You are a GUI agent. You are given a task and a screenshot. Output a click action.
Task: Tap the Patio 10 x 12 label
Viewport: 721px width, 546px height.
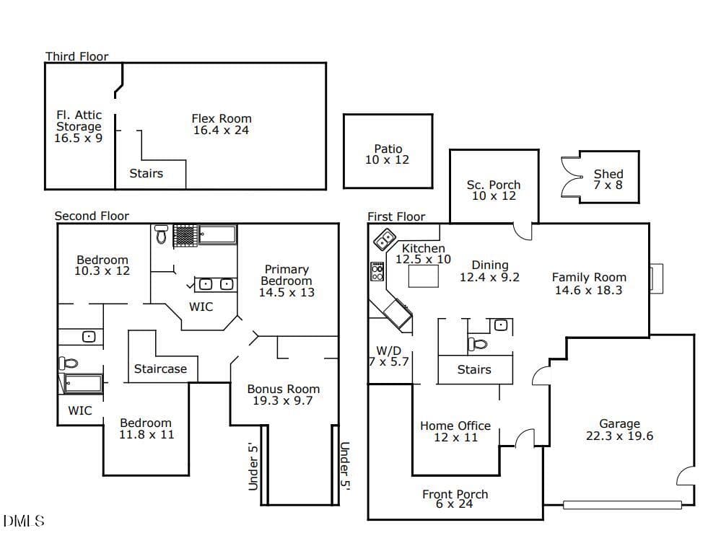[x=388, y=154]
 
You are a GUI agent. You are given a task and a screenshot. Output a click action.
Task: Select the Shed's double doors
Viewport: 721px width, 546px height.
[x=572, y=177]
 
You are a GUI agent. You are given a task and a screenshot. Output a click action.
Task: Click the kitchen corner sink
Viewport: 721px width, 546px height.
[x=385, y=239]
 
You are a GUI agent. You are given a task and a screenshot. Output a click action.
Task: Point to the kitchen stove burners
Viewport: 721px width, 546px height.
[x=377, y=271]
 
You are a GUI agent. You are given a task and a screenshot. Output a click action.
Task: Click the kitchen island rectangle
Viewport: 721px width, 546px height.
[x=423, y=276]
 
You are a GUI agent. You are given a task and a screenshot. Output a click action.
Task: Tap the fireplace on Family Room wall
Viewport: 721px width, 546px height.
[x=656, y=278]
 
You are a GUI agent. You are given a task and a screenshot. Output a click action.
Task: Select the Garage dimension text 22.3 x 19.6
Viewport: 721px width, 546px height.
[x=619, y=436]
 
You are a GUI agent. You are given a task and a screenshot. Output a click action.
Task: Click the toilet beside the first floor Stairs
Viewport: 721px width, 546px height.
[x=478, y=344]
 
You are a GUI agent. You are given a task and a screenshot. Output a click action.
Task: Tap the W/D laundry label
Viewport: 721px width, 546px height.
[x=389, y=356]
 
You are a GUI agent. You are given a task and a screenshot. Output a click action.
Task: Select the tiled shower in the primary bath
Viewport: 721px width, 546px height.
[x=185, y=235]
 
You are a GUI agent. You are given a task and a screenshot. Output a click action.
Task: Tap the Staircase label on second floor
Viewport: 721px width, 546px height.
[x=160, y=369]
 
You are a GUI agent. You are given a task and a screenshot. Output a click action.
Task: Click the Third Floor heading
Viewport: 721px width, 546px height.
[x=77, y=56]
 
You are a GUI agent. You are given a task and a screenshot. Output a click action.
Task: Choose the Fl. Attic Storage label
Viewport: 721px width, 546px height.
[x=79, y=126]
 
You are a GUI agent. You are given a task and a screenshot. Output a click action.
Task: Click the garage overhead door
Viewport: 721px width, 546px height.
[x=623, y=505]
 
